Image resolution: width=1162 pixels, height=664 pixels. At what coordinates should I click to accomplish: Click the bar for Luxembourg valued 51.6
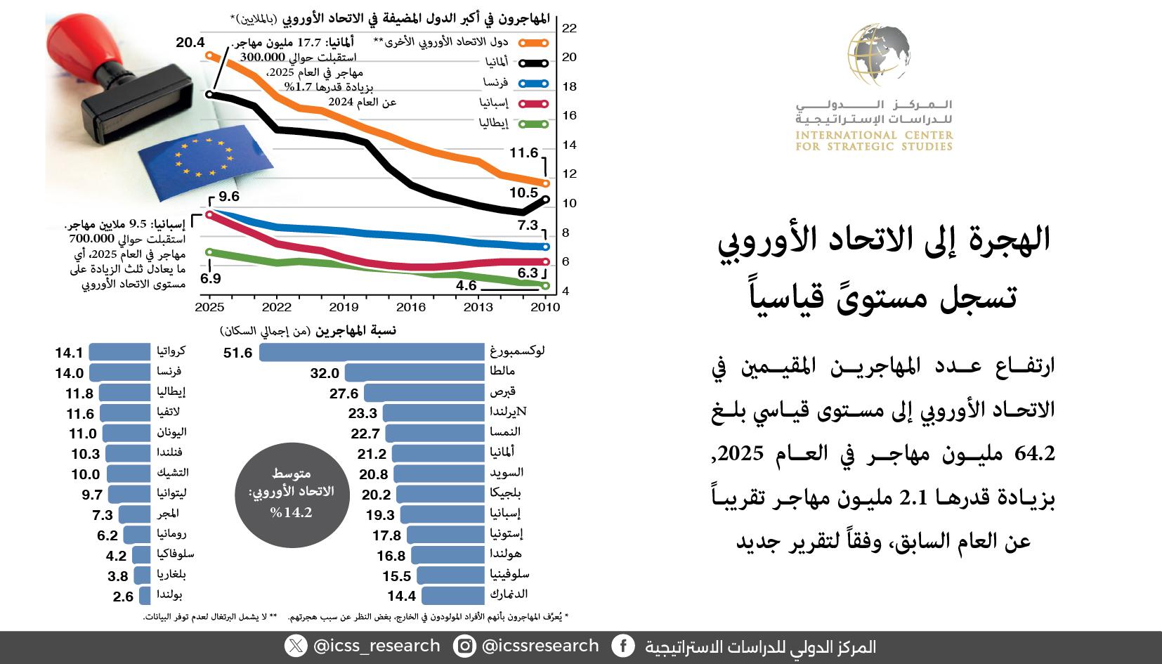tap(372, 352)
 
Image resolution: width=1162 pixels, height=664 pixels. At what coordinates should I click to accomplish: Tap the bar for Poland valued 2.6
tap(145, 596)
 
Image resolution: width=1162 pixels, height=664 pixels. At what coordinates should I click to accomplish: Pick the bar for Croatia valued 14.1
tap(119, 352)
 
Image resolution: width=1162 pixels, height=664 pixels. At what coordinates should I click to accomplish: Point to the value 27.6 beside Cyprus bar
tap(344, 393)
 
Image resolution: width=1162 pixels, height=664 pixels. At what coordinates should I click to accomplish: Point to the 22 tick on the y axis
tap(569, 28)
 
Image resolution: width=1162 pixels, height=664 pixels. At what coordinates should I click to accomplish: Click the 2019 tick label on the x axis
tap(344, 307)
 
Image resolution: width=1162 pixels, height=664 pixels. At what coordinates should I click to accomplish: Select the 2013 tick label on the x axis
tap(478, 307)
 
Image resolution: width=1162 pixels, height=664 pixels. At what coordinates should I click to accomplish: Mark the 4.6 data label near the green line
tap(466, 285)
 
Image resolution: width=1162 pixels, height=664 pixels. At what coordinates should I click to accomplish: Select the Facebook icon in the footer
tap(622, 646)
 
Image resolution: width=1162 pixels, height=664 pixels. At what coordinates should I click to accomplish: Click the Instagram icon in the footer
tap(464, 646)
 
